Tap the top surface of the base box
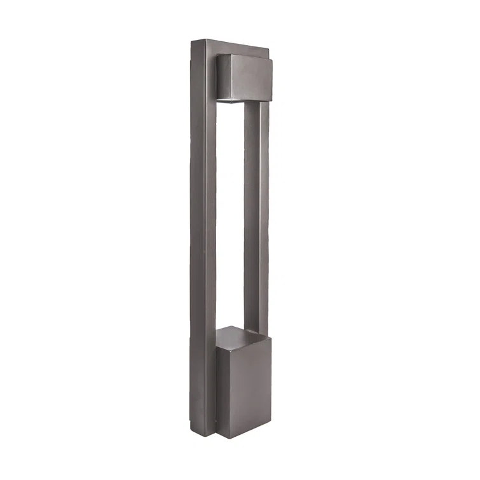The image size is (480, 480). pos(238,336)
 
